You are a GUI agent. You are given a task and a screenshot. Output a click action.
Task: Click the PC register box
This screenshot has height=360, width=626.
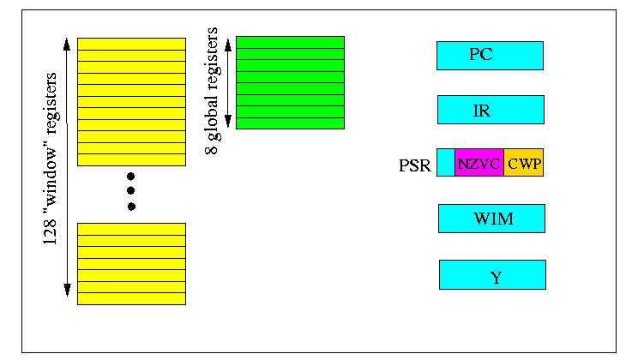[490, 56]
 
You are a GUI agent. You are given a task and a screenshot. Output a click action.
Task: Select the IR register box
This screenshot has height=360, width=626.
[491, 110]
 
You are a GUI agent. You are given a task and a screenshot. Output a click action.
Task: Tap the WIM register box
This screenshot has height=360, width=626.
[491, 219]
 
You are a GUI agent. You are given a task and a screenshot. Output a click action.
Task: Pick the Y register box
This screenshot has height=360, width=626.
[492, 274]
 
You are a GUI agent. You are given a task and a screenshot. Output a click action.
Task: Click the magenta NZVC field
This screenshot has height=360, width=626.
[479, 163]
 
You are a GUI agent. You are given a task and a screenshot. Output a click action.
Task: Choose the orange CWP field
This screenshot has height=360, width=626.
[523, 163]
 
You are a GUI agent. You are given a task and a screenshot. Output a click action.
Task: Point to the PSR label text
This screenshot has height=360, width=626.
[415, 165]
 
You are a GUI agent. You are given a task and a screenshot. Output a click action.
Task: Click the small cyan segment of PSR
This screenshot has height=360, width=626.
[446, 163]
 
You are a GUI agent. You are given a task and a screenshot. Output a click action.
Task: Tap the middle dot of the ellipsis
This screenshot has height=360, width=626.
[130, 191]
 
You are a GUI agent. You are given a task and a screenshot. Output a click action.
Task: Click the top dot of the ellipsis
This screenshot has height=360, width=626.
[130, 177]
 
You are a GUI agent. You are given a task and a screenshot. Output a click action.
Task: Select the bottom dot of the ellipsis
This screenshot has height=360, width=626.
[131, 207]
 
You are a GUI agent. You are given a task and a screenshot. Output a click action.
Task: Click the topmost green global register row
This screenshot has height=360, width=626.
[290, 42]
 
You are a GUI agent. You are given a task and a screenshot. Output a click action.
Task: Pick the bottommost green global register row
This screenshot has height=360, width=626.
[290, 123]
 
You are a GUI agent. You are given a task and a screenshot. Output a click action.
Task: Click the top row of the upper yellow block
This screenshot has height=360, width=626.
[131, 44]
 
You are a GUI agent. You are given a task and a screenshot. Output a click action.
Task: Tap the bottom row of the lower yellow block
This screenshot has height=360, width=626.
[131, 299]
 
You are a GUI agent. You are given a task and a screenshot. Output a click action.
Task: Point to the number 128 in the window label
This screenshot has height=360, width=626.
[51, 232]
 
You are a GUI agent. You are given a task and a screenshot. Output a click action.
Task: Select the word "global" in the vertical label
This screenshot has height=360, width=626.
[212, 117]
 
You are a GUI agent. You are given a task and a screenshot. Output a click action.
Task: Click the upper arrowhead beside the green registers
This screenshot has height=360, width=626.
[228, 45]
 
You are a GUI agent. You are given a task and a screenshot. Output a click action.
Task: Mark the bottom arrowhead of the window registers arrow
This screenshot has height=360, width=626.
[67, 290]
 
